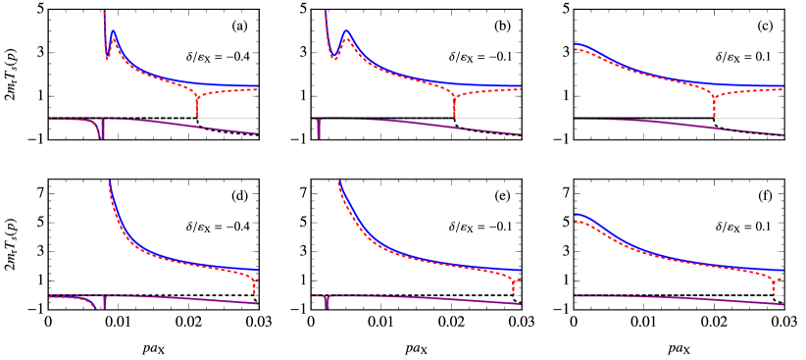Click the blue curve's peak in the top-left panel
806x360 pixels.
point(114,31)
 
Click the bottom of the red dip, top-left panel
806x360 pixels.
point(197,115)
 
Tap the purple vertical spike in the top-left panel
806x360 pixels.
point(103,132)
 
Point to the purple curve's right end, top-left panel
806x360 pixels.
point(257,133)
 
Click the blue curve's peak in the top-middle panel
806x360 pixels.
point(345,31)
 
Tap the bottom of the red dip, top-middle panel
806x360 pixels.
point(454,115)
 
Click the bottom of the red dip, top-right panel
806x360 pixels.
point(714,115)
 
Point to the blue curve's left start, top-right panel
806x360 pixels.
point(576,44)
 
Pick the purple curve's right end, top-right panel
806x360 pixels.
point(782,134)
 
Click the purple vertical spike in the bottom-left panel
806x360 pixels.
point(104,303)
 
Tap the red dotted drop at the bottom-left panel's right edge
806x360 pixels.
point(255,287)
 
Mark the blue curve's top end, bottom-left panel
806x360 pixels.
point(109,182)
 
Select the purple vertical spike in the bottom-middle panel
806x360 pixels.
point(327,303)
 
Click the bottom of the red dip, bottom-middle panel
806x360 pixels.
point(513,292)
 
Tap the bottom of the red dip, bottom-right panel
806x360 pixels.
point(774,291)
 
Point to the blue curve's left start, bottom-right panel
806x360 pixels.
point(576,214)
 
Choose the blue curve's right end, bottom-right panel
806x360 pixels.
point(782,269)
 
